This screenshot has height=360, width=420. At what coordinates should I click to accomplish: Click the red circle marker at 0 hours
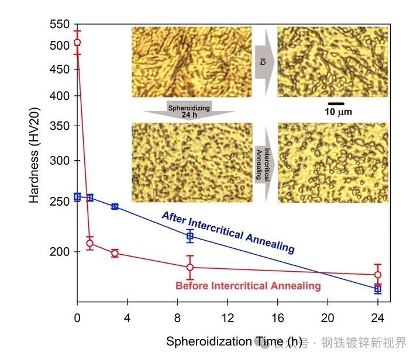[77, 43]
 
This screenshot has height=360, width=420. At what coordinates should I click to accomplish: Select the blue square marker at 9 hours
[190, 236]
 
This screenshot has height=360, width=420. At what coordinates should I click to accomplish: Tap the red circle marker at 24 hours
[378, 275]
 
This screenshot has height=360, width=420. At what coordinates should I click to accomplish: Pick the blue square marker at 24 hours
[378, 289]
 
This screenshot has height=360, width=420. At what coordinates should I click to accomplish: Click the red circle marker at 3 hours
[115, 253]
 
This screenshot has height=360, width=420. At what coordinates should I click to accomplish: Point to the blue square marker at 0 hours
[77, 197]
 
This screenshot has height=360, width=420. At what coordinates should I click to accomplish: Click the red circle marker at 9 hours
[190, 267]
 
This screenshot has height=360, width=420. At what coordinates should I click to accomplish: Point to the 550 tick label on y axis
[60, 25]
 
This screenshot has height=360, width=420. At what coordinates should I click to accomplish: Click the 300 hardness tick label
[60, 161]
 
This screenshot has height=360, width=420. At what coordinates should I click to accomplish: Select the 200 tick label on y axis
[60, 252]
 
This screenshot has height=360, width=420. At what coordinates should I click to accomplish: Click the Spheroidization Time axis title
[234, 341]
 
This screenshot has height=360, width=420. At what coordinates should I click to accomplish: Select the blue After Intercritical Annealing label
[228, 232]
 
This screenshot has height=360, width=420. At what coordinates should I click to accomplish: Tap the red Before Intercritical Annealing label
[248, 286]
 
